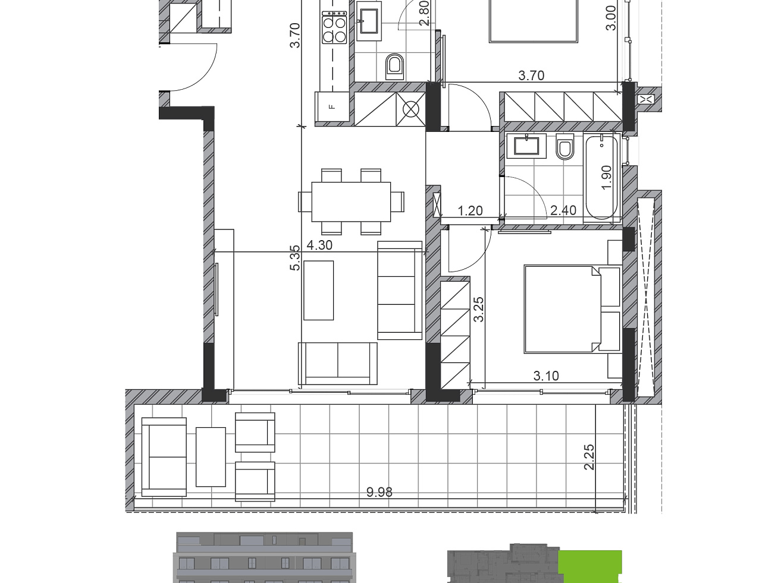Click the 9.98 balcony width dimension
point(379,492)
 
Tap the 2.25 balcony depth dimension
point(589,457)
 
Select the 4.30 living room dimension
point(319,245)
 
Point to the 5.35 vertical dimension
point(295,258)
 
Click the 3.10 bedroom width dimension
point(546,376)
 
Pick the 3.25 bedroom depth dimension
point(478,309)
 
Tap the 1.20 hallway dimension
point(470,211)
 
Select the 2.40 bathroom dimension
point(563,210)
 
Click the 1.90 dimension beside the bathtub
point(607,177)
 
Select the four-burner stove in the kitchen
point(334,29)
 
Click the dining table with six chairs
point(351,201)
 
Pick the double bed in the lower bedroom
point(562,309)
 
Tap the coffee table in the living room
point(319,290)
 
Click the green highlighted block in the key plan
point(590,566)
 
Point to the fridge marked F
point(332,107)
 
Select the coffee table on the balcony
point(211,456)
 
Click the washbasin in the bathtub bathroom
point(526,146)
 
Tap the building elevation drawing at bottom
point(265,557)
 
